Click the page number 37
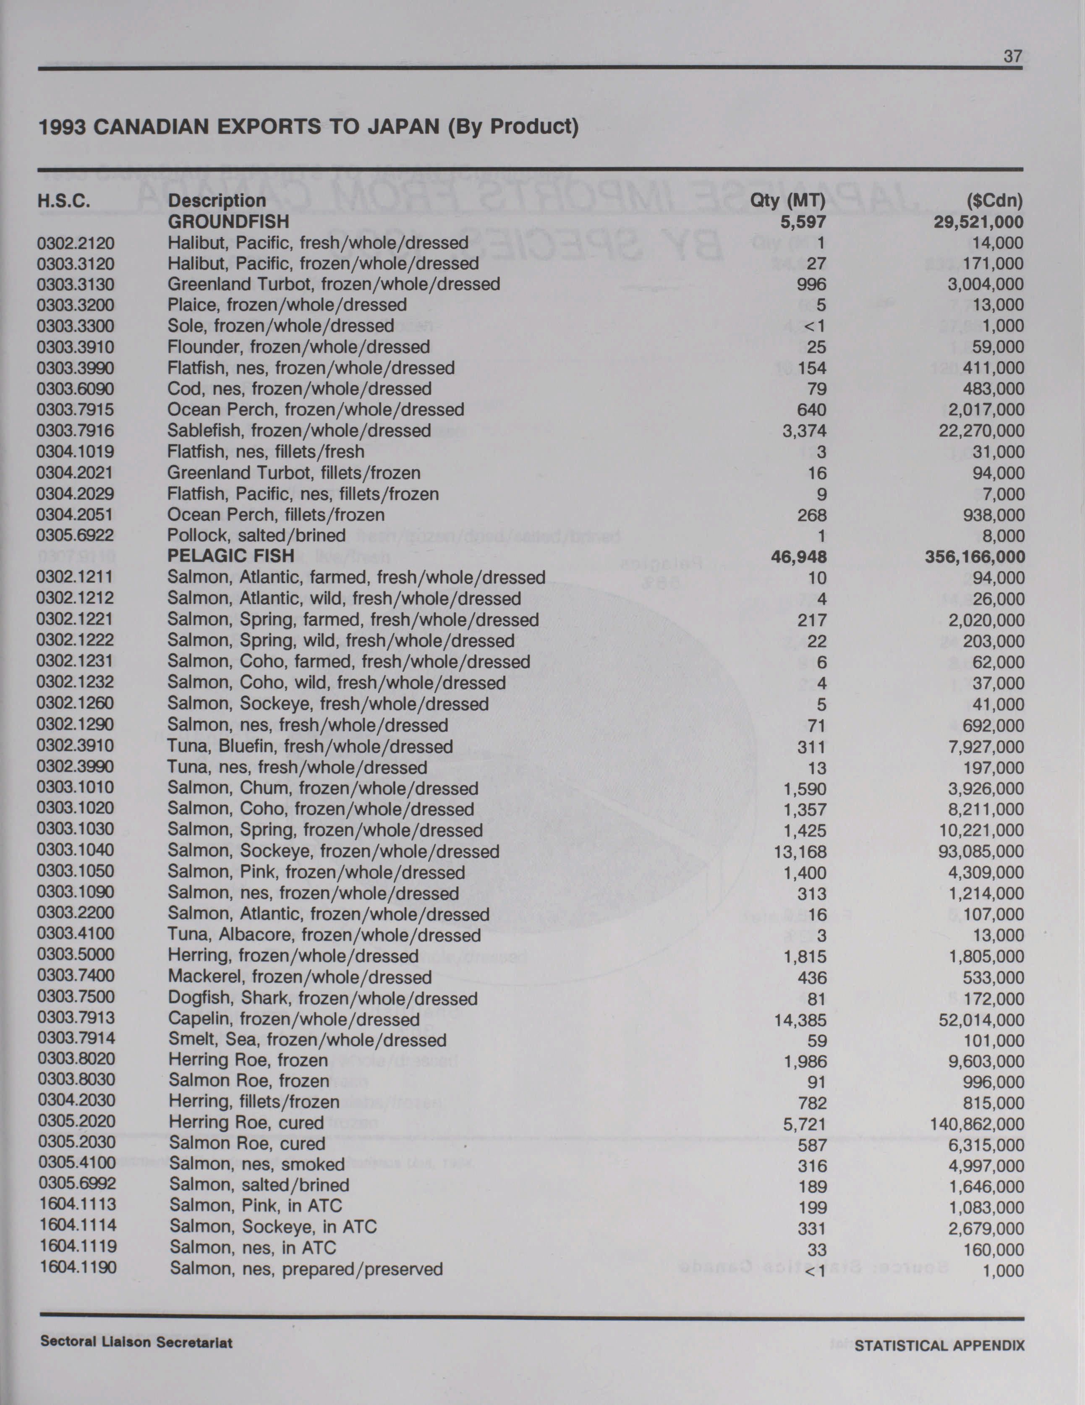pos(1012,57)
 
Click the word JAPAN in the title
pos(403,126)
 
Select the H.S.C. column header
pos(64,201)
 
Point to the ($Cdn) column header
pos(994,201)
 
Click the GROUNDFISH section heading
pos(228,222)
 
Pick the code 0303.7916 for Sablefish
pos(75,431)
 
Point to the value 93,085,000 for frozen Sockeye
pos(981,852)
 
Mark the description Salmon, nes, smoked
pos(257,1165)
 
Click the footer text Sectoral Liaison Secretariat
pos(136,1342)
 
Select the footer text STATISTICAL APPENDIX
pos(939,1345)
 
